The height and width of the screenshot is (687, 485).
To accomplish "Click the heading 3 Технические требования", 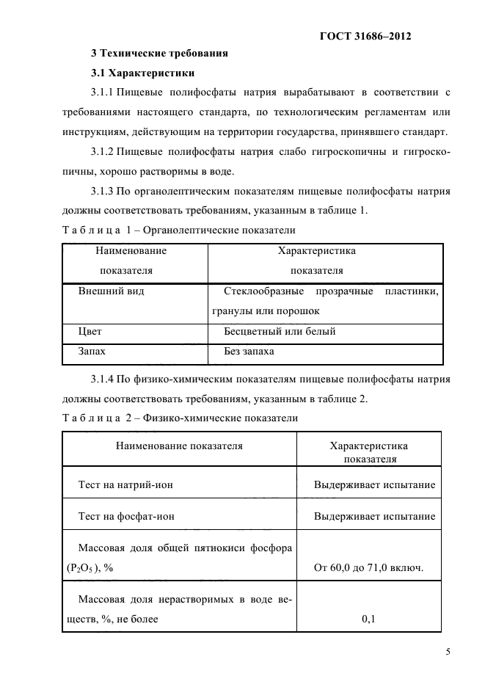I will [158, 53].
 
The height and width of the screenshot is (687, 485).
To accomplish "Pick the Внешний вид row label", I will [111, 291].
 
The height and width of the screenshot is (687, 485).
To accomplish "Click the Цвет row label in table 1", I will [90, 331].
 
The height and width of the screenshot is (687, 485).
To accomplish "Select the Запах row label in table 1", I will [92, 352].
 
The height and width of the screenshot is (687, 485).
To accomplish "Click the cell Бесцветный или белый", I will [280, 331].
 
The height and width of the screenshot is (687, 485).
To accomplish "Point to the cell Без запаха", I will [249, 352].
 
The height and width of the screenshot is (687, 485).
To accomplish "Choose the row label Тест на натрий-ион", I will [125, 484].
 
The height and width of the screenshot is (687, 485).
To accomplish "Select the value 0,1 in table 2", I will [368, 619].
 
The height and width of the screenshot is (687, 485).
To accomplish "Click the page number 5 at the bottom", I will [447, 650].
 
